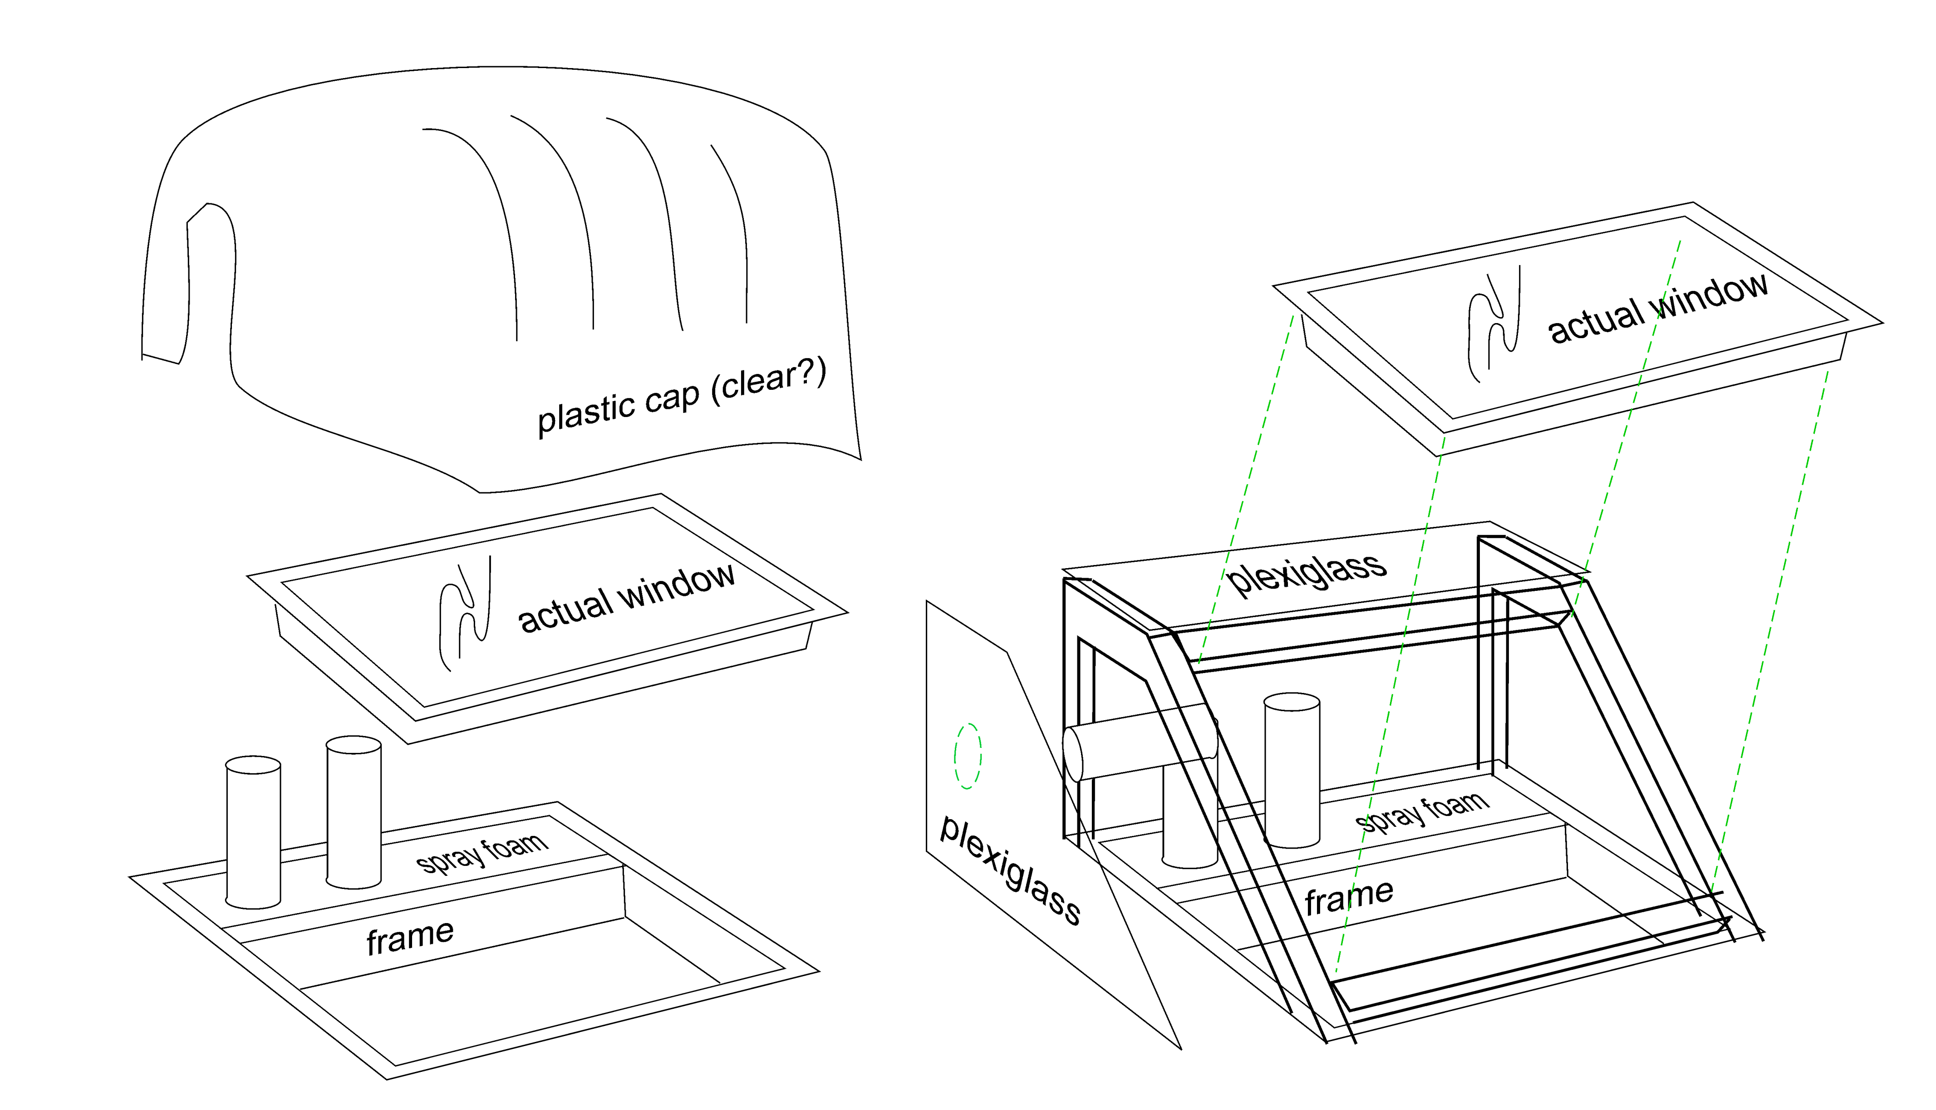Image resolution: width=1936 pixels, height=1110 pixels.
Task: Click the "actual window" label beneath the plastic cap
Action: coord(627,599)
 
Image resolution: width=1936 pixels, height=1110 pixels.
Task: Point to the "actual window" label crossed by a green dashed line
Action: coord(1658,308)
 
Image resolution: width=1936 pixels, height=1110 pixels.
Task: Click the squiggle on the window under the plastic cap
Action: coord(465,613)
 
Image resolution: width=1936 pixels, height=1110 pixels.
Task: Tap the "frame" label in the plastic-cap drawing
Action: coord(410,937)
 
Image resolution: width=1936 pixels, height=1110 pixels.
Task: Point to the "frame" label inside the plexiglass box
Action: coord(1349,897)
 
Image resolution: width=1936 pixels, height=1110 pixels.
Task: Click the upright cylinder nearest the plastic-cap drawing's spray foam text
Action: coord(354,812)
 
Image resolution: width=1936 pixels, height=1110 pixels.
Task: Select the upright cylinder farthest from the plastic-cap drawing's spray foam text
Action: coord(253,832)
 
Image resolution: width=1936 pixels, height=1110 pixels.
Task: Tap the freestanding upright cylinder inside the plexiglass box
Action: coord(1292,770)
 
